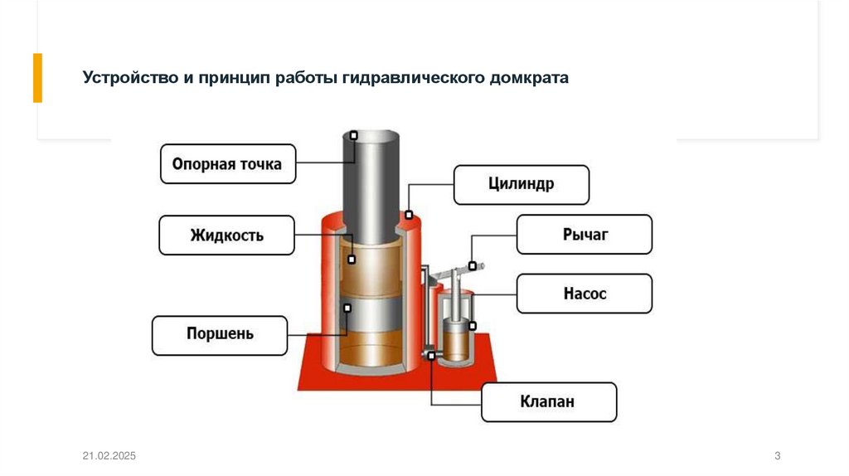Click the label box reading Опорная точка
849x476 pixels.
pos(227,164)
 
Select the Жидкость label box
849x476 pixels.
pos(226,236)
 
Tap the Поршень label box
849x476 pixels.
pos(220,335)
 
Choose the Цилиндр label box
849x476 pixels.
pos(521,184)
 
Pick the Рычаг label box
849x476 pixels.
pos(585,235)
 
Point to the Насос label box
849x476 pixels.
pos(585,294)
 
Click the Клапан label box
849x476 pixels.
pos(549,402)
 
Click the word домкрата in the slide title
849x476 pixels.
pos(528,79)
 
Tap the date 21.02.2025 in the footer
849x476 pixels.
pos(109,457)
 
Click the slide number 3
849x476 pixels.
pos(777,457)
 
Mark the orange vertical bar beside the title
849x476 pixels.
pos(37,78)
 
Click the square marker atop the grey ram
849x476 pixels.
pos(354,134)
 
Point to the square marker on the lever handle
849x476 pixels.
pos(472,266)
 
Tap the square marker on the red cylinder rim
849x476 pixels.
pos(409,215)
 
